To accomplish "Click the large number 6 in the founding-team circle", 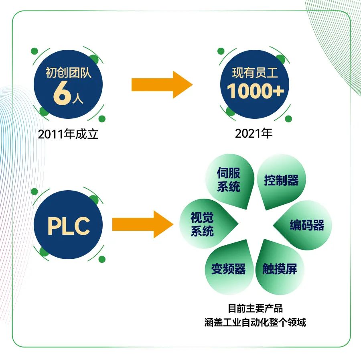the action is click(62, 93).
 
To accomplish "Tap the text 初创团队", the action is click(68, 73).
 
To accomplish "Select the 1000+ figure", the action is click(256, 91).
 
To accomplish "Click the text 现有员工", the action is click(255, 73).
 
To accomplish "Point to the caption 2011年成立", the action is click(68, 134).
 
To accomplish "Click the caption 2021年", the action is click(254, 134).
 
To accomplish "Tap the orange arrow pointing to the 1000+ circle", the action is click(162, 85).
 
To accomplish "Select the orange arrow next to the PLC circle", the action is click(142, 224).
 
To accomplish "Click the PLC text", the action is click(69, 226).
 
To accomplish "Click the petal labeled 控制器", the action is click(281, 181).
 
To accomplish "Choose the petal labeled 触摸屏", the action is click(280, 267).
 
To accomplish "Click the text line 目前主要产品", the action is click(255, 308).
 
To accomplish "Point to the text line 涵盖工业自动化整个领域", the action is click(255, 322).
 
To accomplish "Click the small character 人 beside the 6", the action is click(77, 99).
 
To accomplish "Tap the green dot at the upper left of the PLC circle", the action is click(34, 191).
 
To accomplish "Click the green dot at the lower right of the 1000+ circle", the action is click(288, 119).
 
